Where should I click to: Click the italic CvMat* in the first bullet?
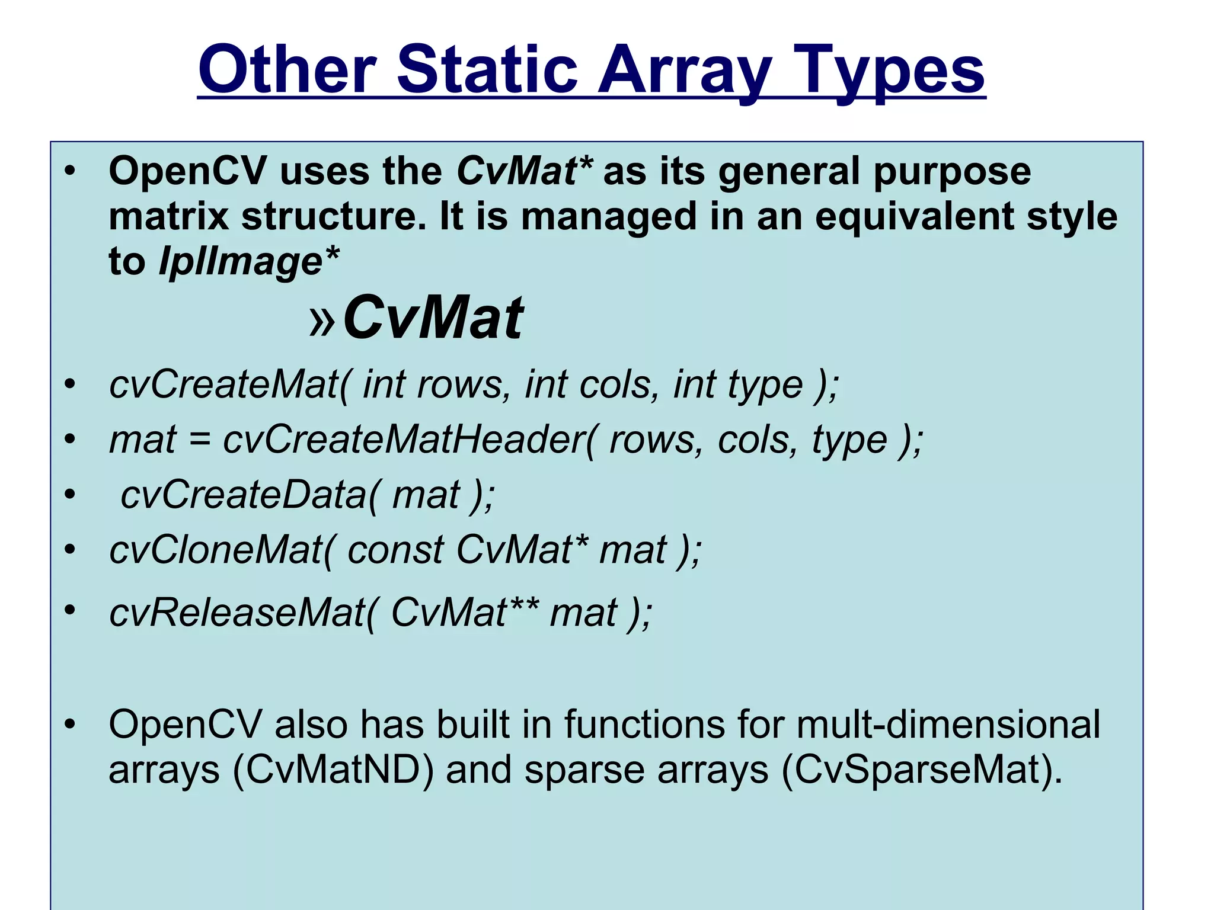click(524, 171)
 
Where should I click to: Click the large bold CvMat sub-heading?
click(433, 318)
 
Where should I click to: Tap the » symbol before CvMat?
click(323, 321)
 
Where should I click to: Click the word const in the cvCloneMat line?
click(395, 550)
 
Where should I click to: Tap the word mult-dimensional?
click(948, 724)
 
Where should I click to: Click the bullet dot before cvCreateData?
click(71, 494)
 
